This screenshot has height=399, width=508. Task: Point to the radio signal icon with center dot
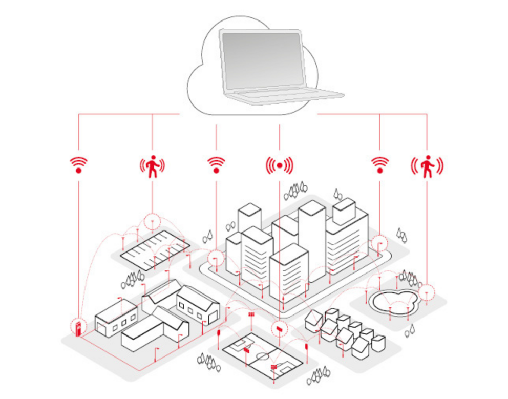tap(279, 165)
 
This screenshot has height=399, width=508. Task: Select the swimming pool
tap(394, 302)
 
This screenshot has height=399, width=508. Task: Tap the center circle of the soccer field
tap(263, 355)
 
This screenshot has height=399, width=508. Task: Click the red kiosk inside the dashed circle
tap(78, 328)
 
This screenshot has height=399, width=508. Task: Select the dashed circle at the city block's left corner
tap(216, 258)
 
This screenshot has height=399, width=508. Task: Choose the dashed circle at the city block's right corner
tap(379, 244)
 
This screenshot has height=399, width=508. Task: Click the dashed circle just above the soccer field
tap(280, 328)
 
